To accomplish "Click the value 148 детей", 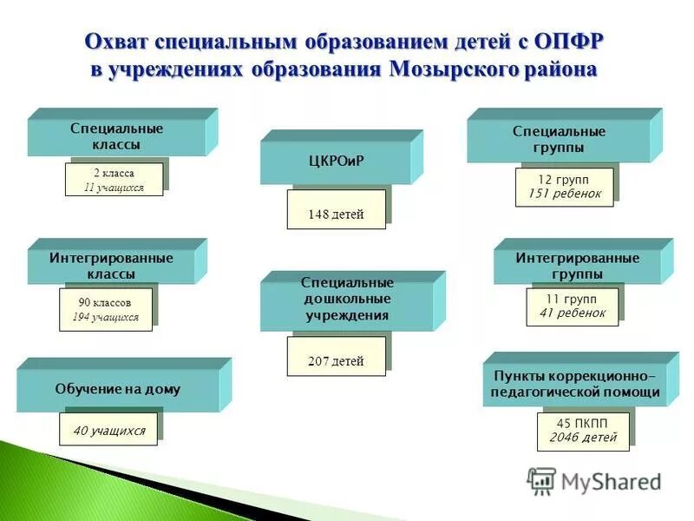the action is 336,214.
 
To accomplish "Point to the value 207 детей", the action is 336,361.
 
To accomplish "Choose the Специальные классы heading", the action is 117,136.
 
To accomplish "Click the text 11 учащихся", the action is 114,187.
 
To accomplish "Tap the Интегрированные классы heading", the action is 111,266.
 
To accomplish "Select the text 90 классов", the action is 104,303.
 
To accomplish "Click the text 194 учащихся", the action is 104,317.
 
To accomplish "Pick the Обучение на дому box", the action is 118,389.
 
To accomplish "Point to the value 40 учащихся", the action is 108,430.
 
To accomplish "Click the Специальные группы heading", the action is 559,139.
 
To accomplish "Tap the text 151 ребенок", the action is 570,194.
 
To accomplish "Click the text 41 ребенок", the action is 573,313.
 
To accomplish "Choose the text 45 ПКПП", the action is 582,423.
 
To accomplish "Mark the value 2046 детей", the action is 582,438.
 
